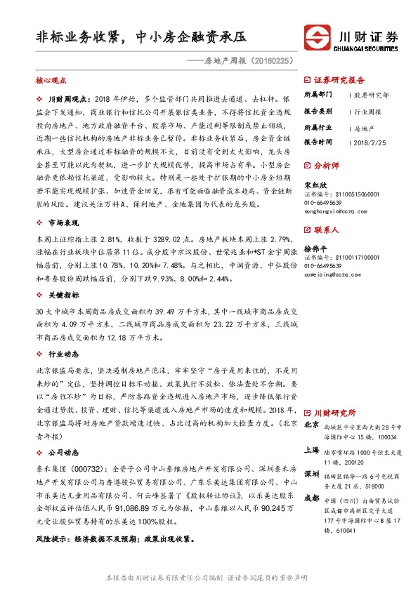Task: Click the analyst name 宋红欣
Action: [x=315, y=185]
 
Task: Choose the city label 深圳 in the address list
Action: [x=311, y=474]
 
